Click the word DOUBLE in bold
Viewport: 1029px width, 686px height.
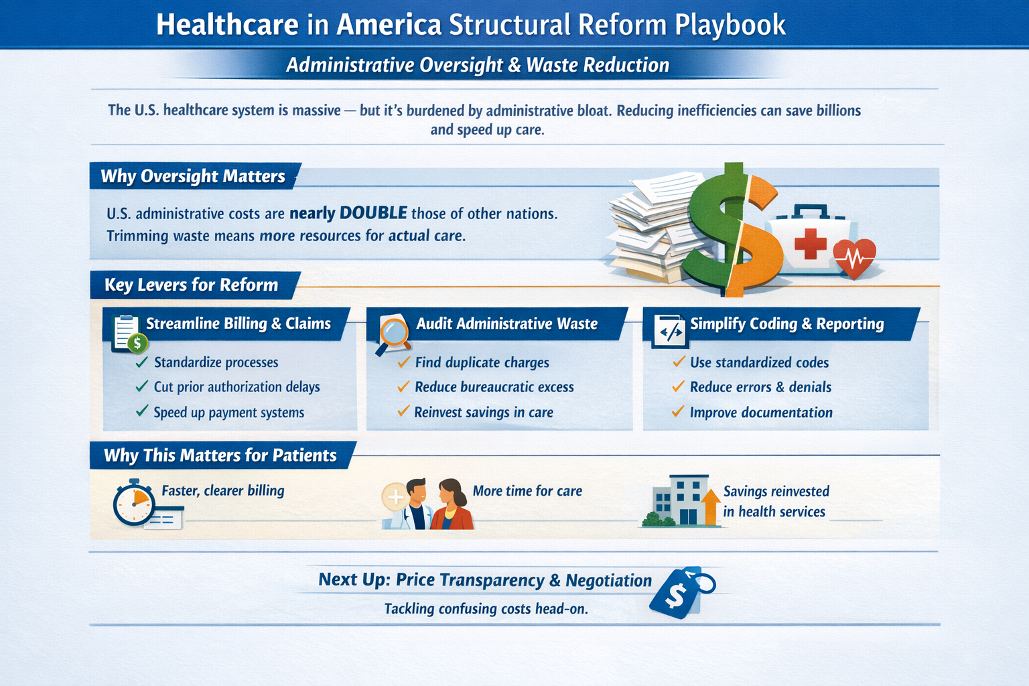[x=373, y=213]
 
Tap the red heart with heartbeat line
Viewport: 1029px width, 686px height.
[x=854, y=258]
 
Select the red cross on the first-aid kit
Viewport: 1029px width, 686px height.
[x=811, y=244]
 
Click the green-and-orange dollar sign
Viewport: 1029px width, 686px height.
[x=733, y=230]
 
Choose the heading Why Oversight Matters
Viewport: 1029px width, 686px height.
[x=193, y=176]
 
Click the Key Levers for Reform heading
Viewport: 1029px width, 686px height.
[x=191, y=285]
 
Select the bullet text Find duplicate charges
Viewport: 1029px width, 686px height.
[x=482, y=362]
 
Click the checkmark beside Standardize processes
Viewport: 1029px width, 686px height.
[x=142, y=362]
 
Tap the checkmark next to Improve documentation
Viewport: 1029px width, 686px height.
[x=678, y=411]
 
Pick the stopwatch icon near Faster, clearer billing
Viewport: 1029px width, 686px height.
[x=133, y=502]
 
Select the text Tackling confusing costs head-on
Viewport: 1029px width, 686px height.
[x=486, y=609]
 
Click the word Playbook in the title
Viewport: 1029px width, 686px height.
[x=730, y=25]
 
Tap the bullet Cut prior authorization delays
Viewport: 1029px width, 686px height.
[x=236, y=387]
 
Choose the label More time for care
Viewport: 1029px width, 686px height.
[x=527, y=491]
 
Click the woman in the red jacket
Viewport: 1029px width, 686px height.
[x=451, y=504]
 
